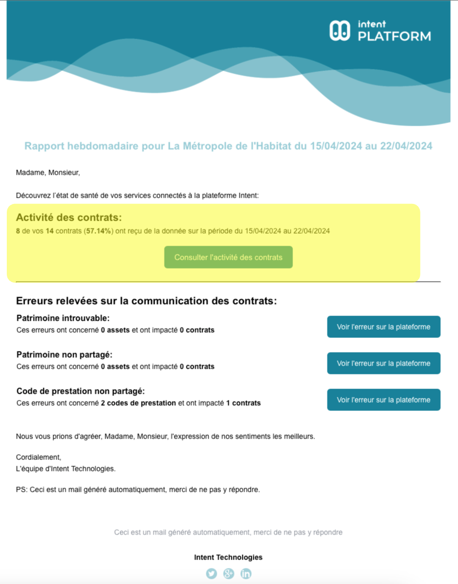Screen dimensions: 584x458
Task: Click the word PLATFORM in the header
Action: (394, 36)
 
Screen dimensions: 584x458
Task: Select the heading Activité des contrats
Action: (69, 217)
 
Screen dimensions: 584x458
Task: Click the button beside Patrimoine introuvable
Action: (383, 327)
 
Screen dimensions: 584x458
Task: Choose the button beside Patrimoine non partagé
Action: (383, 363)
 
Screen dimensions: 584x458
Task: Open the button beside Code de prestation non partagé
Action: (383, 400)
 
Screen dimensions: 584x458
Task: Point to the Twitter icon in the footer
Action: (211, 574)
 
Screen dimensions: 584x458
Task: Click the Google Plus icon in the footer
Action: (228, 574)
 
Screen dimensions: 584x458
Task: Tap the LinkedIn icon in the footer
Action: (245, 574)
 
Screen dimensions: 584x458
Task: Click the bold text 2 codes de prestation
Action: (138, 403)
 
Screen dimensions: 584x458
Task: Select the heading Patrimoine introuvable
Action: (63, 318)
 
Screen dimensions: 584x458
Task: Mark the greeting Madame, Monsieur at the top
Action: (48, 172)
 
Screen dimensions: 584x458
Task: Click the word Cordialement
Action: (38, 457)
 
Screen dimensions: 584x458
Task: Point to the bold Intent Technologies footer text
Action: (228, 557)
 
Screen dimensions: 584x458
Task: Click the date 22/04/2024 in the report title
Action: (406, 146)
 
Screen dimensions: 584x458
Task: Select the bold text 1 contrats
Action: (243, 403)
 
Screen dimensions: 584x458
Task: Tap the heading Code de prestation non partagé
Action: (80, 391)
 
